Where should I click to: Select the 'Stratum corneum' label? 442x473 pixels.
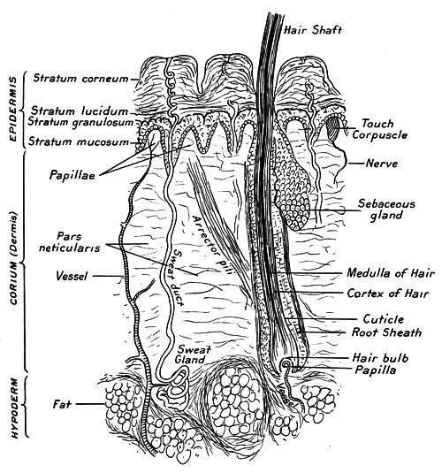coord(80,79)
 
